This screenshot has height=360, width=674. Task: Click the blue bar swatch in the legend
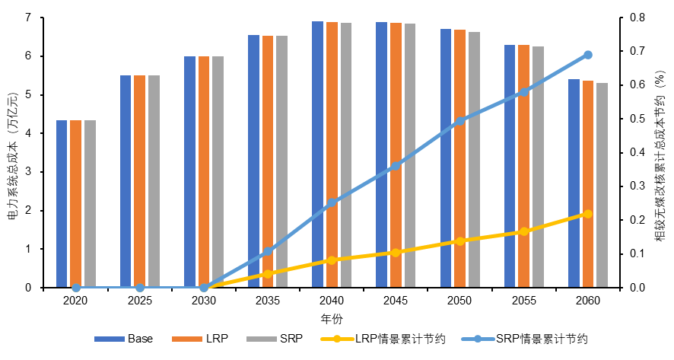coord(110,339)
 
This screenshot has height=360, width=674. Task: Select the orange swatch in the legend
coord(187,339)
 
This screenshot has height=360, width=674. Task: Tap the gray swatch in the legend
coord(262,339)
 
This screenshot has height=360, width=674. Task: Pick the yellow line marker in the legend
coord(337,339)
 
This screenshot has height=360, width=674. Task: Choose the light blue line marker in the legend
coord(478,339)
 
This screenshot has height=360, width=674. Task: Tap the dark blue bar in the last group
coord(574,183)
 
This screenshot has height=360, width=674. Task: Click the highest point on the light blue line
coord(588,55)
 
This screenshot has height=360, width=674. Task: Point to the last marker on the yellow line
coord(587,214)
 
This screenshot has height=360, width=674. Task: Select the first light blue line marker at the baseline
coord(76,288)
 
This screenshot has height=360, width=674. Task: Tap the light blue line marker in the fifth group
coord(332,202)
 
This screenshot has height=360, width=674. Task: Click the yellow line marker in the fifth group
coord(332,260)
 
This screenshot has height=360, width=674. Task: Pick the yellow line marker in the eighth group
coord(524,231)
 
